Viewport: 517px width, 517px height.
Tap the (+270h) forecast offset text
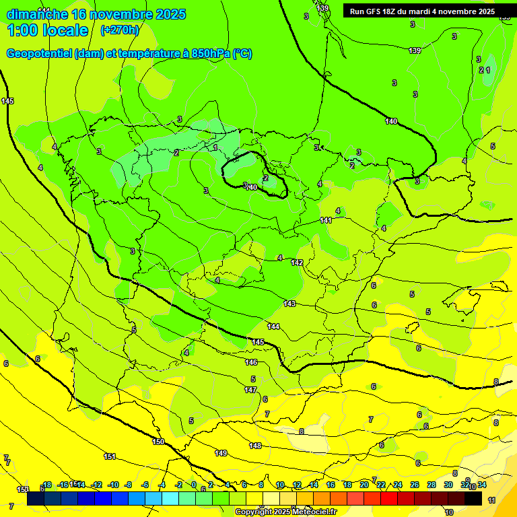[119, 30]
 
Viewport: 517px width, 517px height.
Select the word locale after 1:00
[64, 30]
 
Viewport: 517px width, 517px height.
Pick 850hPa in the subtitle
[211, 53]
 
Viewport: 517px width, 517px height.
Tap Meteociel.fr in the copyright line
[310, 512]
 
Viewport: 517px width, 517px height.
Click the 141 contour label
[326, 220]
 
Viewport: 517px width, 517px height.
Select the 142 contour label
[297, 263]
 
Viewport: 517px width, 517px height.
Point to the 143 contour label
[289, 304]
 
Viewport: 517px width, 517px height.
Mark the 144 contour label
[273, 326]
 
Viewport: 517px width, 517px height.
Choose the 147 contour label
[250, 390]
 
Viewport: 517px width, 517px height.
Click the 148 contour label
[255, 446]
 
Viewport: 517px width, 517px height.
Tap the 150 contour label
[158, 442]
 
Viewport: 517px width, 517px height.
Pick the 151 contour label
[110, 456]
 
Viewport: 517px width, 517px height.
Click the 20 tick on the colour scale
[364, 485]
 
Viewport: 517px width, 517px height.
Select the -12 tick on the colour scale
[97, 485]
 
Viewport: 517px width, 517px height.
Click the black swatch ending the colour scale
[473, 499]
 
